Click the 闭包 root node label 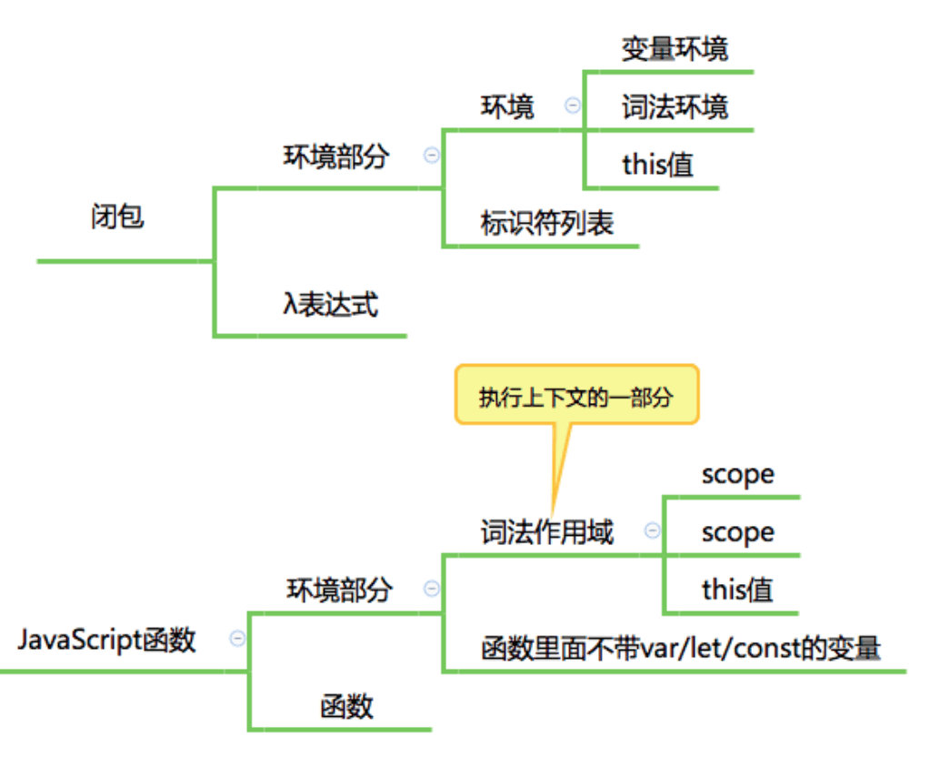[x=117, y=217]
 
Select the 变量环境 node [x=675, y=49]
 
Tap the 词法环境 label [x=675, y=108]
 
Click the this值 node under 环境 [x=657, y=165]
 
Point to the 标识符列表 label [x=546, y=223]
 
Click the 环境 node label [x=507, y=107]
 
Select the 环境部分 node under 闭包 [x=336, y=156]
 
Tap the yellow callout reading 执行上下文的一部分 [x=576, y=397]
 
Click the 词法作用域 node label [x=546, y=532]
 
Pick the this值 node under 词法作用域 [x=736, y=590]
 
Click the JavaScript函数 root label [x=106, y=640]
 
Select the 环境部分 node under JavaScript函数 [x=339, y=590]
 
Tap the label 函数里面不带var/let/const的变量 [x=680, y=649]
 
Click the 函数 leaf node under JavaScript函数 [x=346, y=706]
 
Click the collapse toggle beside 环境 [x=573, y=106]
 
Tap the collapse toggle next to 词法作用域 [x=652, y=530]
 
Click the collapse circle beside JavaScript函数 [x=237, y=639]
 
